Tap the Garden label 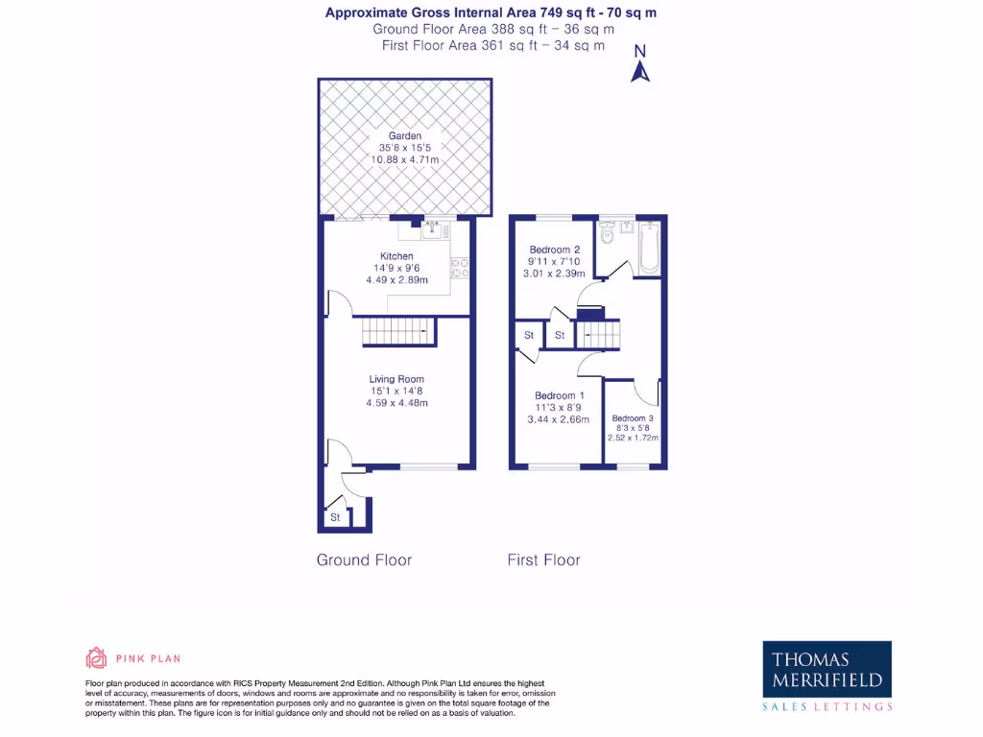(405, 136)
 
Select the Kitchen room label (396, 256)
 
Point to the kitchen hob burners (460, 267)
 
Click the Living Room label (396, 379)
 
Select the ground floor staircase (397, 332)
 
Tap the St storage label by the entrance (335, 518)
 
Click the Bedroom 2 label (555, 250)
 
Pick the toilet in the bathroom (607, 235)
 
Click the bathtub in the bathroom (650, 247)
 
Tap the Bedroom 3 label (633, 418)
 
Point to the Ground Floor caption (364, 559)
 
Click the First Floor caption (543, 559)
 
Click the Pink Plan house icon (96, 658)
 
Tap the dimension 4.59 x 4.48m (396, 403)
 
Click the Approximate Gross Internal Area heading (491, 12)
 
